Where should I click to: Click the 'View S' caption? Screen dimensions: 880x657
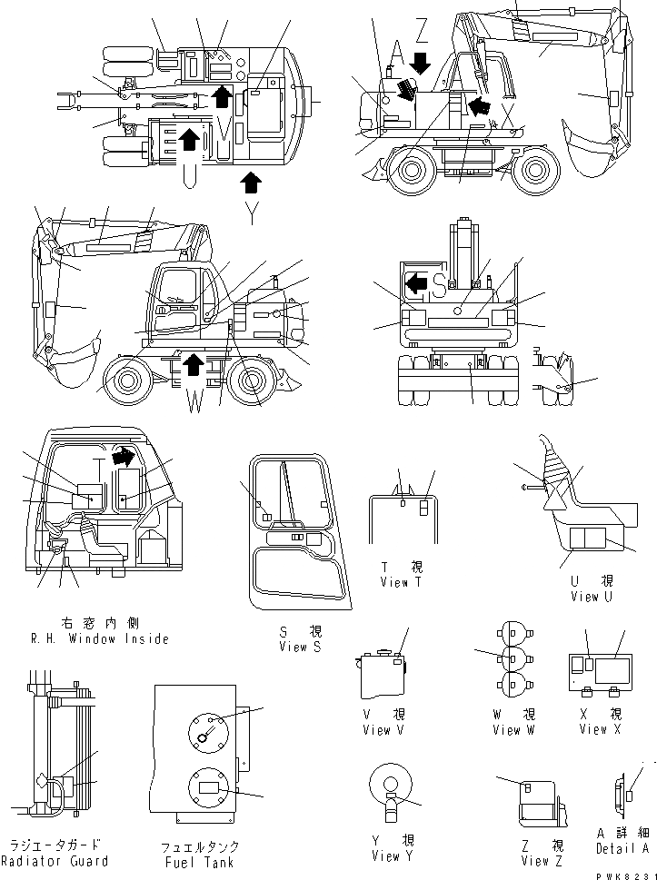pyautogui.click(x=301, y=647)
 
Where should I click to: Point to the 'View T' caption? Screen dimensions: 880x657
pyautogui.click(x=401, y=582)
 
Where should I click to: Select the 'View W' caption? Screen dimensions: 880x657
pyautogui.click(x=513, y=729)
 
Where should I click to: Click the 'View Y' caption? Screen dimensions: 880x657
pyautogui.click(x=393, y=855)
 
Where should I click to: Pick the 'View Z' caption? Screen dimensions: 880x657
pyautogui.click(x=536, y=860)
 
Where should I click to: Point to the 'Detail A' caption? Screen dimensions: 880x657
pyautogui.click(x=622, y=848)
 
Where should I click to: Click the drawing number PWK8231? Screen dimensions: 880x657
pyautogui.click(x=624, y=873)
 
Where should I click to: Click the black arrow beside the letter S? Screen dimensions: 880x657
pyautogui.click(x=416, y=284)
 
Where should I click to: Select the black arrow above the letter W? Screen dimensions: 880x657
pyautogui.click(x=193, y=365)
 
